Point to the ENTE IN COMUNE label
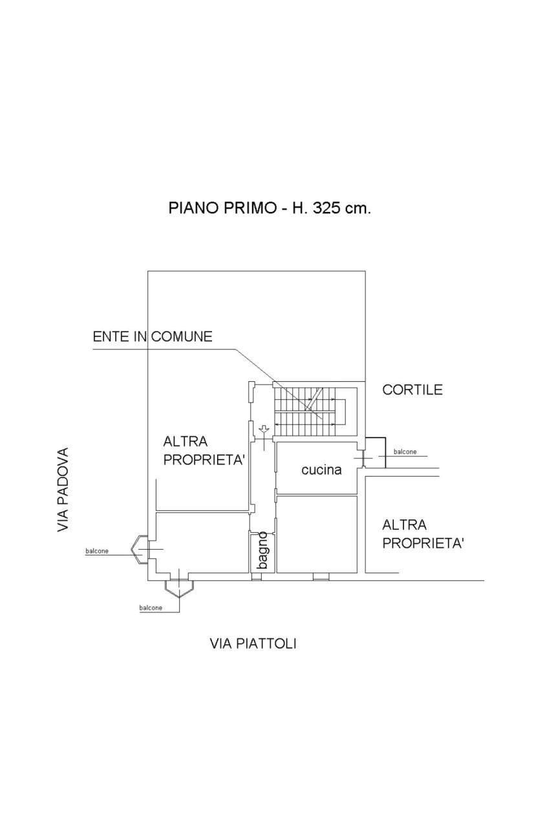(153, 337)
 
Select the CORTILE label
(412, 390)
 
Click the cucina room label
(321, 470)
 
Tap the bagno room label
(262, 550)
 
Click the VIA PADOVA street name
(63, 490)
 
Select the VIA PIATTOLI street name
(253, 643)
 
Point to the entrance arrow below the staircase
(264, 429)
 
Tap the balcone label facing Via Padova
(97, 551)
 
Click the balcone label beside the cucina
(405, 452)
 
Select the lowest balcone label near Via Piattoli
(151, 608)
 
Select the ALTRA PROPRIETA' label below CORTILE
(423, 533)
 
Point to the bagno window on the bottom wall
(257, 577)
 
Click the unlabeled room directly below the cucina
(317, 533)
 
